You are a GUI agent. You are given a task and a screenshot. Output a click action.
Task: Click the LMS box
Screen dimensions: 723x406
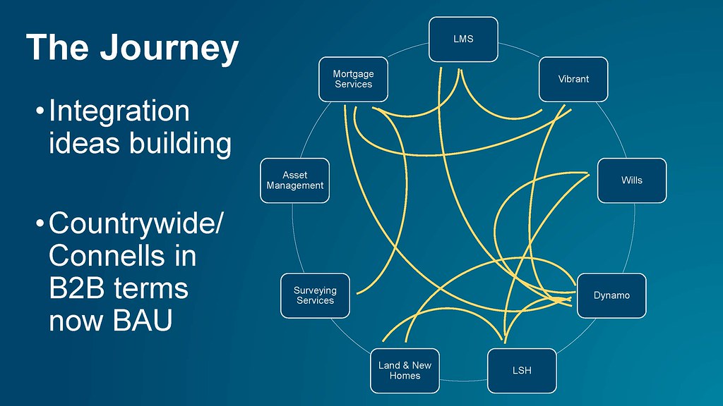tap(463, 39)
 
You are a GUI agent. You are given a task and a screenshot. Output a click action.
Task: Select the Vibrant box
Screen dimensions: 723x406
tap(573, 79)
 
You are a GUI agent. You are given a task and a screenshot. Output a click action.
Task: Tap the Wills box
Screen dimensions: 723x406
tap(632, 180)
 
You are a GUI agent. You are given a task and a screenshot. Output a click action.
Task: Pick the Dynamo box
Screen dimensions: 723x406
tap(611, 295)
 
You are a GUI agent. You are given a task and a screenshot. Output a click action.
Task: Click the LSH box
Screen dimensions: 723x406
tap(522, 371)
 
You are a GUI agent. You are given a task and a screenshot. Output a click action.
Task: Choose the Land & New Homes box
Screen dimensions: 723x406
tap(405, 371)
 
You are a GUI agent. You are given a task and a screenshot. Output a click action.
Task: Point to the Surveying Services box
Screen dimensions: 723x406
tap(316, 295)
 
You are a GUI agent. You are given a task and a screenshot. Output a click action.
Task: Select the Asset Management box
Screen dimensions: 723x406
tap(295, 180)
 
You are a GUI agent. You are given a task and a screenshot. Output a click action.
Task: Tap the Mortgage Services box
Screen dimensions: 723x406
tap(353, 79)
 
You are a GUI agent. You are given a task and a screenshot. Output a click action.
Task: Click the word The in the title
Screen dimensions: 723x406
tap(57, 47)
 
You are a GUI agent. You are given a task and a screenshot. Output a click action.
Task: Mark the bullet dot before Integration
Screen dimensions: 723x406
tap(40, 111)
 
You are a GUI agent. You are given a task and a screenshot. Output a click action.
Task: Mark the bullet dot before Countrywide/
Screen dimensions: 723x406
tap(40, 223)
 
